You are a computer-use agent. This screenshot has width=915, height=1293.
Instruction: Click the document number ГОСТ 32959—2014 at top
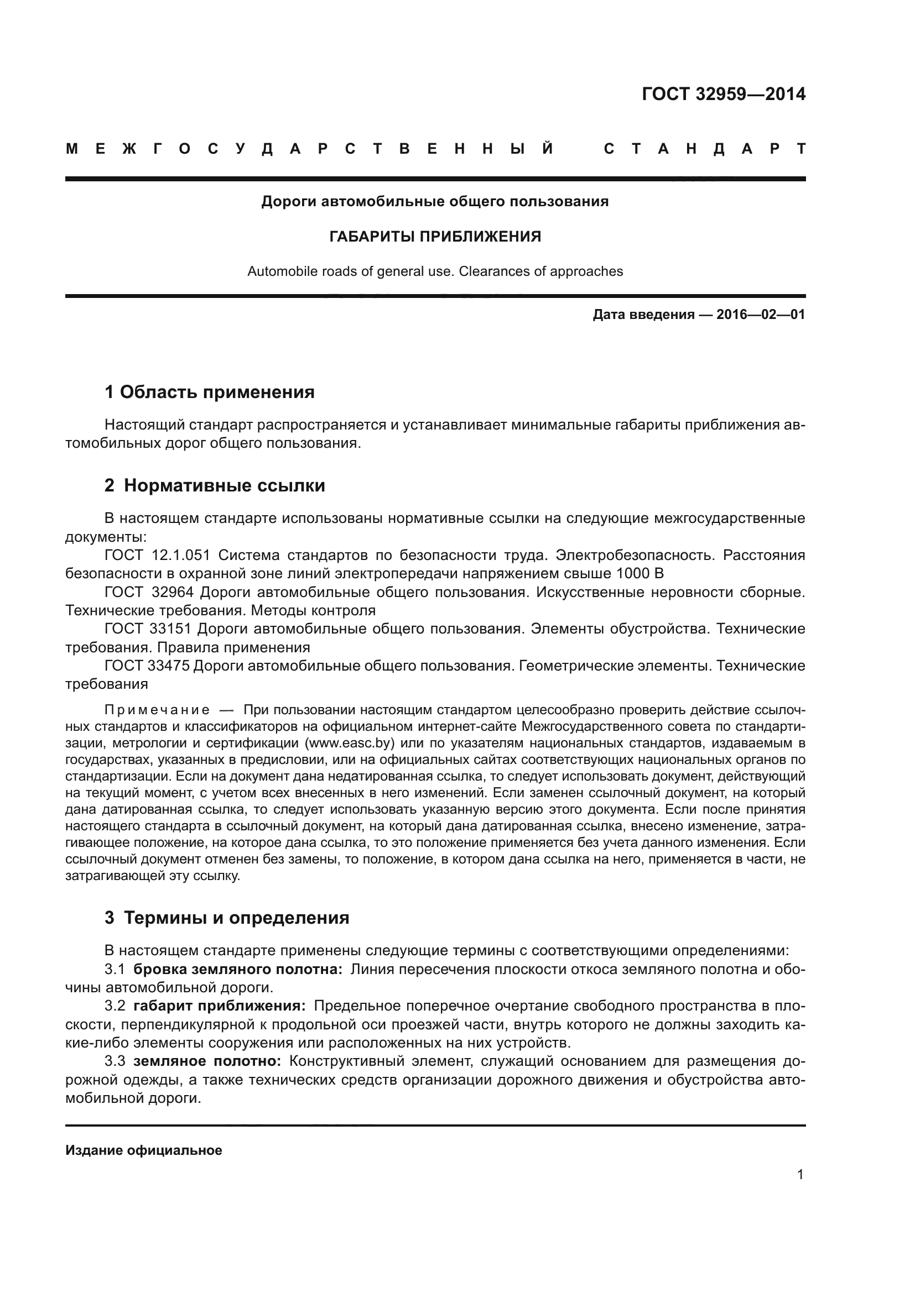tap(724, 94)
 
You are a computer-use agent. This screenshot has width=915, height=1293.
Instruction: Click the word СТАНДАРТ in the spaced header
tap(705, 149)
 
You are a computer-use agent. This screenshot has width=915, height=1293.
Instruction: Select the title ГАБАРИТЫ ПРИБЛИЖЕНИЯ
tap(435, 237)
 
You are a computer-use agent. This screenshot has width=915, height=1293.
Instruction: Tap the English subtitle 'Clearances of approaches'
tap(541, 271)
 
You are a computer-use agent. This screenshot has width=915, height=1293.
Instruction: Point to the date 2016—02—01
tap(761, 315)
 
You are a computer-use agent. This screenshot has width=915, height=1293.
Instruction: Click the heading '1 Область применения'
tap(210, 392)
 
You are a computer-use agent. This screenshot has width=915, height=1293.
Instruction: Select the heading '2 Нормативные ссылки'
tap(215, 485)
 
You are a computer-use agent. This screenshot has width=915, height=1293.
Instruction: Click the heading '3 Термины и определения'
tap(226, 918)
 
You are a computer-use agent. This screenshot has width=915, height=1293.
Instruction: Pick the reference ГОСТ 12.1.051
tap(157, 555)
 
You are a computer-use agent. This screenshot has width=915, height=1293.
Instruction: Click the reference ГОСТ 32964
tap(149, 593)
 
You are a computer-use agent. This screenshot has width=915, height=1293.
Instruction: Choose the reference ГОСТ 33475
tap(147, 666)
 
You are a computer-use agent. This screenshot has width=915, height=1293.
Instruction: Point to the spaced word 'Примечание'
tap(157, 710)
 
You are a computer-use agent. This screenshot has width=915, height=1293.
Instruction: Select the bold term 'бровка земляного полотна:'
tap(238, 969)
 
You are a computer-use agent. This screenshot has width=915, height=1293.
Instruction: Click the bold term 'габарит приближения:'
tap(220, 1006)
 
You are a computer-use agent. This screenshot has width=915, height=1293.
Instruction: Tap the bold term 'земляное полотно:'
tap(207, 1061)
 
